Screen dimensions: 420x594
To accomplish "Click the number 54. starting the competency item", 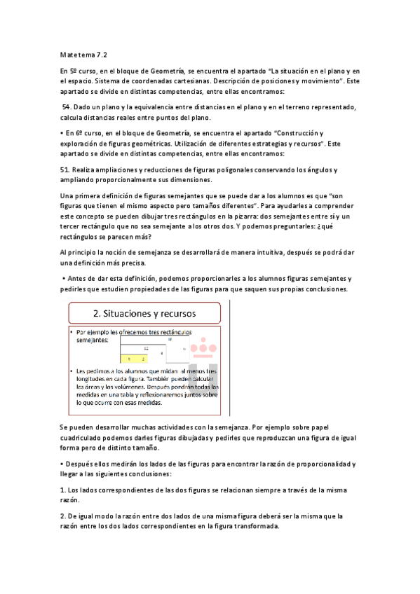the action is (x=67, y=106).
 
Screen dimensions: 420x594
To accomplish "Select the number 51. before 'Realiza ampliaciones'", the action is (x=65, y=170).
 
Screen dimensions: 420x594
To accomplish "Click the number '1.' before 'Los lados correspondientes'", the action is (x=64, y=490).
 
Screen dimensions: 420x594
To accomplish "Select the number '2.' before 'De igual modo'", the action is (x=64, y=516).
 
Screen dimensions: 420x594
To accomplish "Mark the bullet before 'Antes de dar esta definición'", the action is (x=63, y=279).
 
